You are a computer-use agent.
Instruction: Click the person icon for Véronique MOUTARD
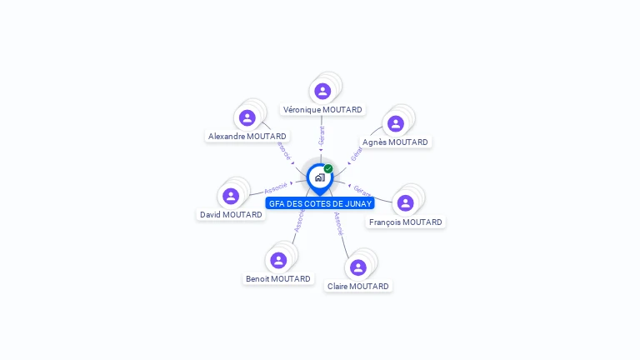(322, 91)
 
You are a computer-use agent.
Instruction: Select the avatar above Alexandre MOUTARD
(247, 117)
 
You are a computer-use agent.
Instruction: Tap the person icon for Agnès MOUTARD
(396, 123)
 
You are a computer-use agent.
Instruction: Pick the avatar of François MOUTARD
(406, 203)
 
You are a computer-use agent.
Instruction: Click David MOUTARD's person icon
(231, 196)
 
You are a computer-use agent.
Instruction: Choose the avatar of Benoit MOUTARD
(278, 260)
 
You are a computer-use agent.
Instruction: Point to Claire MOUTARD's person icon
(358, 267)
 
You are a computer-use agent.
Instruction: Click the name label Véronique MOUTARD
(322, 110)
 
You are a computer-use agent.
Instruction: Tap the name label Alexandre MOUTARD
(247, 137)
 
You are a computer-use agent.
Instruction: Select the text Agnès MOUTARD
(396, 142)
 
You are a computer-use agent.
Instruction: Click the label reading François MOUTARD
(407, 222)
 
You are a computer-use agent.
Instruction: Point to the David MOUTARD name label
(231, 215)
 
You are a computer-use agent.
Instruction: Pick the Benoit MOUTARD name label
(278, 279)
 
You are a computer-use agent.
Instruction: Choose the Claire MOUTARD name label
(358, 287)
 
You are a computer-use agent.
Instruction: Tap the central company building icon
(319, 177)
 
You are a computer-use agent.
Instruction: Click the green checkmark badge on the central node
(328, 169)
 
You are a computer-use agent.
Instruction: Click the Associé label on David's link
(276, 187)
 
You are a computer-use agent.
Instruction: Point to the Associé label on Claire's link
(338, 223)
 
